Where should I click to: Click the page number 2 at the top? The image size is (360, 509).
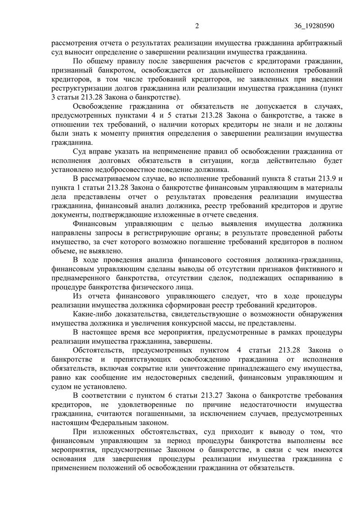197,26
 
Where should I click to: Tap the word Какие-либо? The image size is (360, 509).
94,314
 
